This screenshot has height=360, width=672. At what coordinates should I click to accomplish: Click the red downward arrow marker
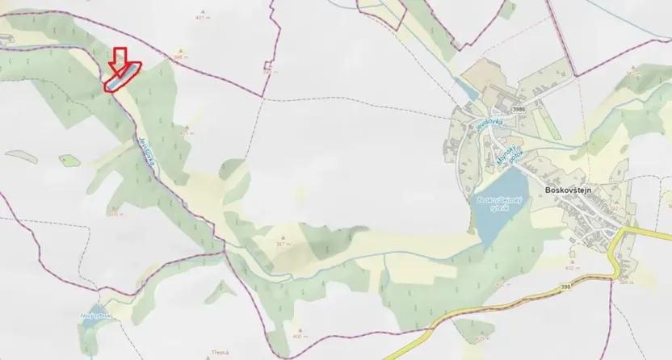point(120,57)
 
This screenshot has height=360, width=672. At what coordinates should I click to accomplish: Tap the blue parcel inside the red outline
point(119,78)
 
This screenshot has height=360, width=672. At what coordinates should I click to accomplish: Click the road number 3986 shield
point(519,109)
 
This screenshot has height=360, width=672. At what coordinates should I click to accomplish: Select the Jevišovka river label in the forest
point(146,149)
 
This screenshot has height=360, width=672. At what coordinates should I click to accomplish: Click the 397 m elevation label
point(282,243)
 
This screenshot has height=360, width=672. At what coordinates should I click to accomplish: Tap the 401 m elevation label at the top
point(201,16)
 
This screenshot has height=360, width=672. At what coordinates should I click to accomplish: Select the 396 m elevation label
point(180,57)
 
